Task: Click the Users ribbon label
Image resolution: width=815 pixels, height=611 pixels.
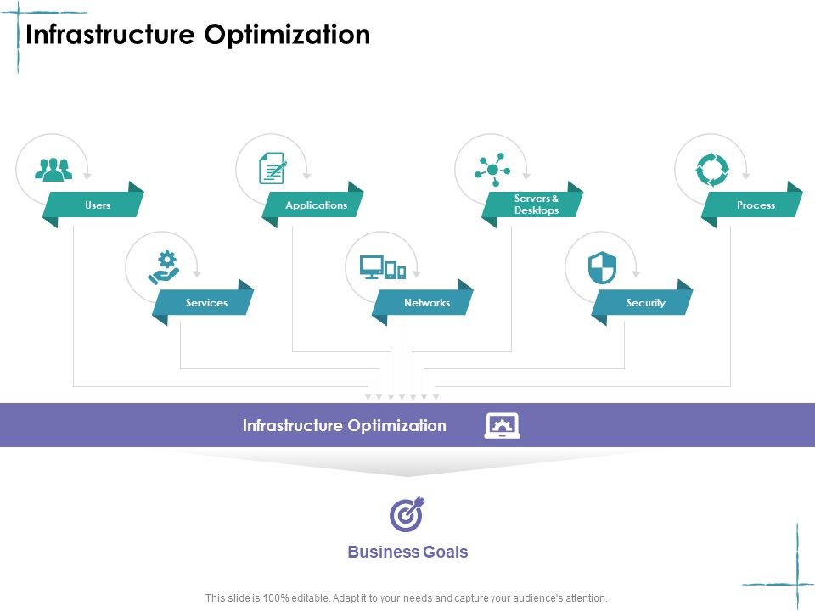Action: (x=98, y=205)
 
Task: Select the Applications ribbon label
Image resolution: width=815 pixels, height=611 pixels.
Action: (x=316, y=205)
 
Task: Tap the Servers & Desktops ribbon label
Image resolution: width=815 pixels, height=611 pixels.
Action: (x=537, y=205)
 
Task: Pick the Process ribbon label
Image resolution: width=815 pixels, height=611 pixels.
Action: (x=756, y=205)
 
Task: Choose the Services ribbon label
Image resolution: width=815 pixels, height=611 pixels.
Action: (x=206, y=303)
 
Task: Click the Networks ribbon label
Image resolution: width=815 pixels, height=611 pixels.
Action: (x=426, y=303)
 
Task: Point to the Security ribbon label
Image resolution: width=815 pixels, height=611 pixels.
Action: (x=645, y=303)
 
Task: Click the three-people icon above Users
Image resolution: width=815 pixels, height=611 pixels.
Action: (x=53, y=169)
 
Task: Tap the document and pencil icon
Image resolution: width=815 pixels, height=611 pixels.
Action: (x=273, y=168)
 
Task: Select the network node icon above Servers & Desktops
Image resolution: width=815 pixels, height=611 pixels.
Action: (x=492, y=169)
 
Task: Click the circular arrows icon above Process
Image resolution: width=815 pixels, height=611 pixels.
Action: (x=711, y=170)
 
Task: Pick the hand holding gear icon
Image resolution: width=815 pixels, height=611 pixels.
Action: (x=163, y=267)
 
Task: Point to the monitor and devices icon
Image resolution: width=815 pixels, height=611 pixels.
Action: (x=383, y=267)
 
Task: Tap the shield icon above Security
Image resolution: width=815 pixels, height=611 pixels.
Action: (x=602, y=267)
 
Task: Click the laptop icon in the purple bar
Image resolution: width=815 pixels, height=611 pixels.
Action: (x=502, y=425)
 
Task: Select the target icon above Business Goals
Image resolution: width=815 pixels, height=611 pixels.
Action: (x=407, y=514)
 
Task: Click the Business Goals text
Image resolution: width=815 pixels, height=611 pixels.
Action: (x=407, y=552)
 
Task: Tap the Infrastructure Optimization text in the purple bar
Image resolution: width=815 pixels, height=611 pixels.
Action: (x=344, y=426)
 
